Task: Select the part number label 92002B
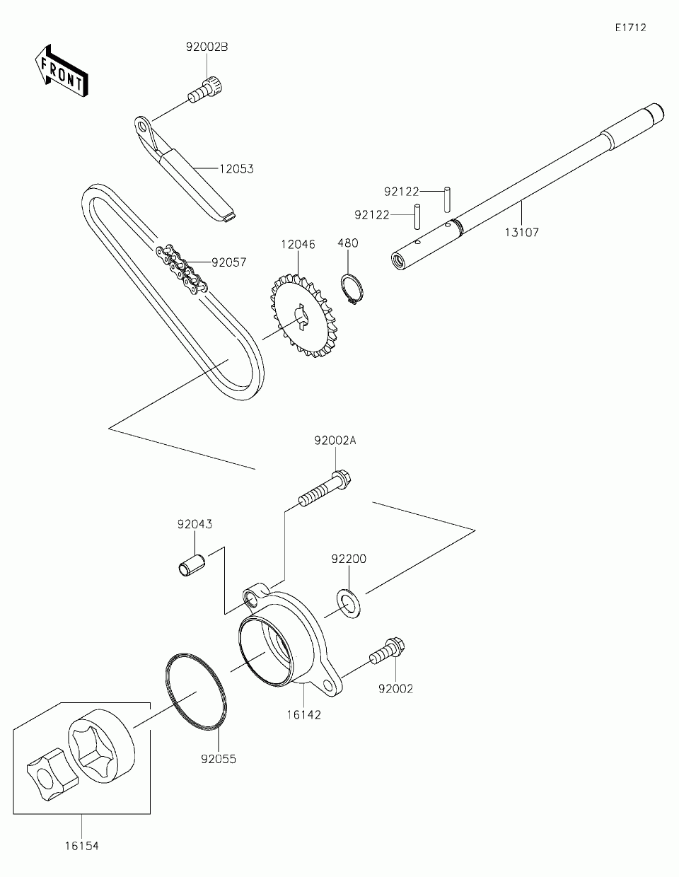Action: pos(207,47)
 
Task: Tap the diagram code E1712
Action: pos(629,28)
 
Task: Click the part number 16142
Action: pos(303,714)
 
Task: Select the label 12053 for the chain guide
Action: pos(236,169)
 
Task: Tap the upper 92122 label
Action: pos(402,192)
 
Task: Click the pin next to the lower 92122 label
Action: pos(418,215)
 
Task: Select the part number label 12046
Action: pos(298,244)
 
